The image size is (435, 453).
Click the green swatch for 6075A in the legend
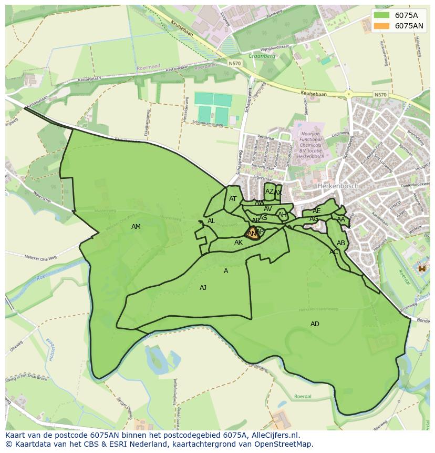coord(381,15)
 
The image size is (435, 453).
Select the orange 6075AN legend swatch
coord(381,26)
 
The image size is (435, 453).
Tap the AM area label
coord(136,227)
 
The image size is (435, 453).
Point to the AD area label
coord(315,324)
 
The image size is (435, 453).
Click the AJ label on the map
coord(203,288)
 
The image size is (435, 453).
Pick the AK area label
coord(239,243)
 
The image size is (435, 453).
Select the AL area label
coord(211,221)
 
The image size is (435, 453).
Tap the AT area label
coord(233,199)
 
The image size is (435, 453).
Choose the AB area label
coord(341,243)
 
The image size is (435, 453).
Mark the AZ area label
coord(269,192)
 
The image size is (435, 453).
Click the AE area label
coord(316,211)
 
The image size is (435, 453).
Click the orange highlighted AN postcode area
coord(253,234)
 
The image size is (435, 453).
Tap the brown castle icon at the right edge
coord(421,268)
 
